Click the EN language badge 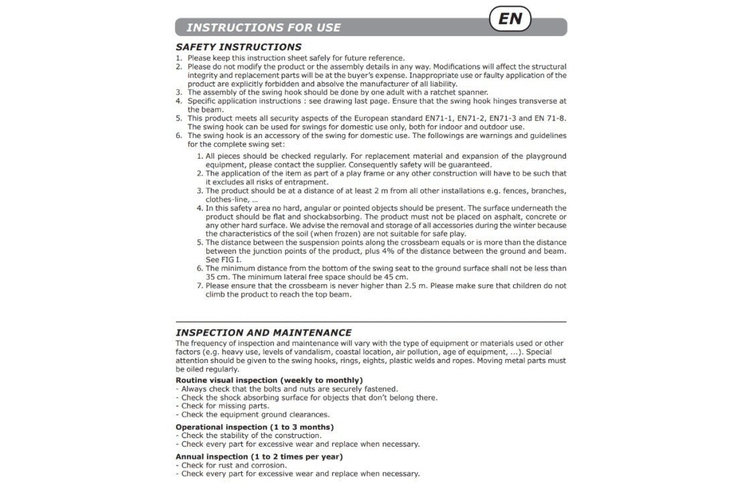[510, 19]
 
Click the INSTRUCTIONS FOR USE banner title [263, 27]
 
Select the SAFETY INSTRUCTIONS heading [238, 47]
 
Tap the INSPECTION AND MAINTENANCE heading [263, 332]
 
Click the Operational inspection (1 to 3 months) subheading [255, 427]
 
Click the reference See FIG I [223, 259]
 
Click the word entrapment [306, 182]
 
